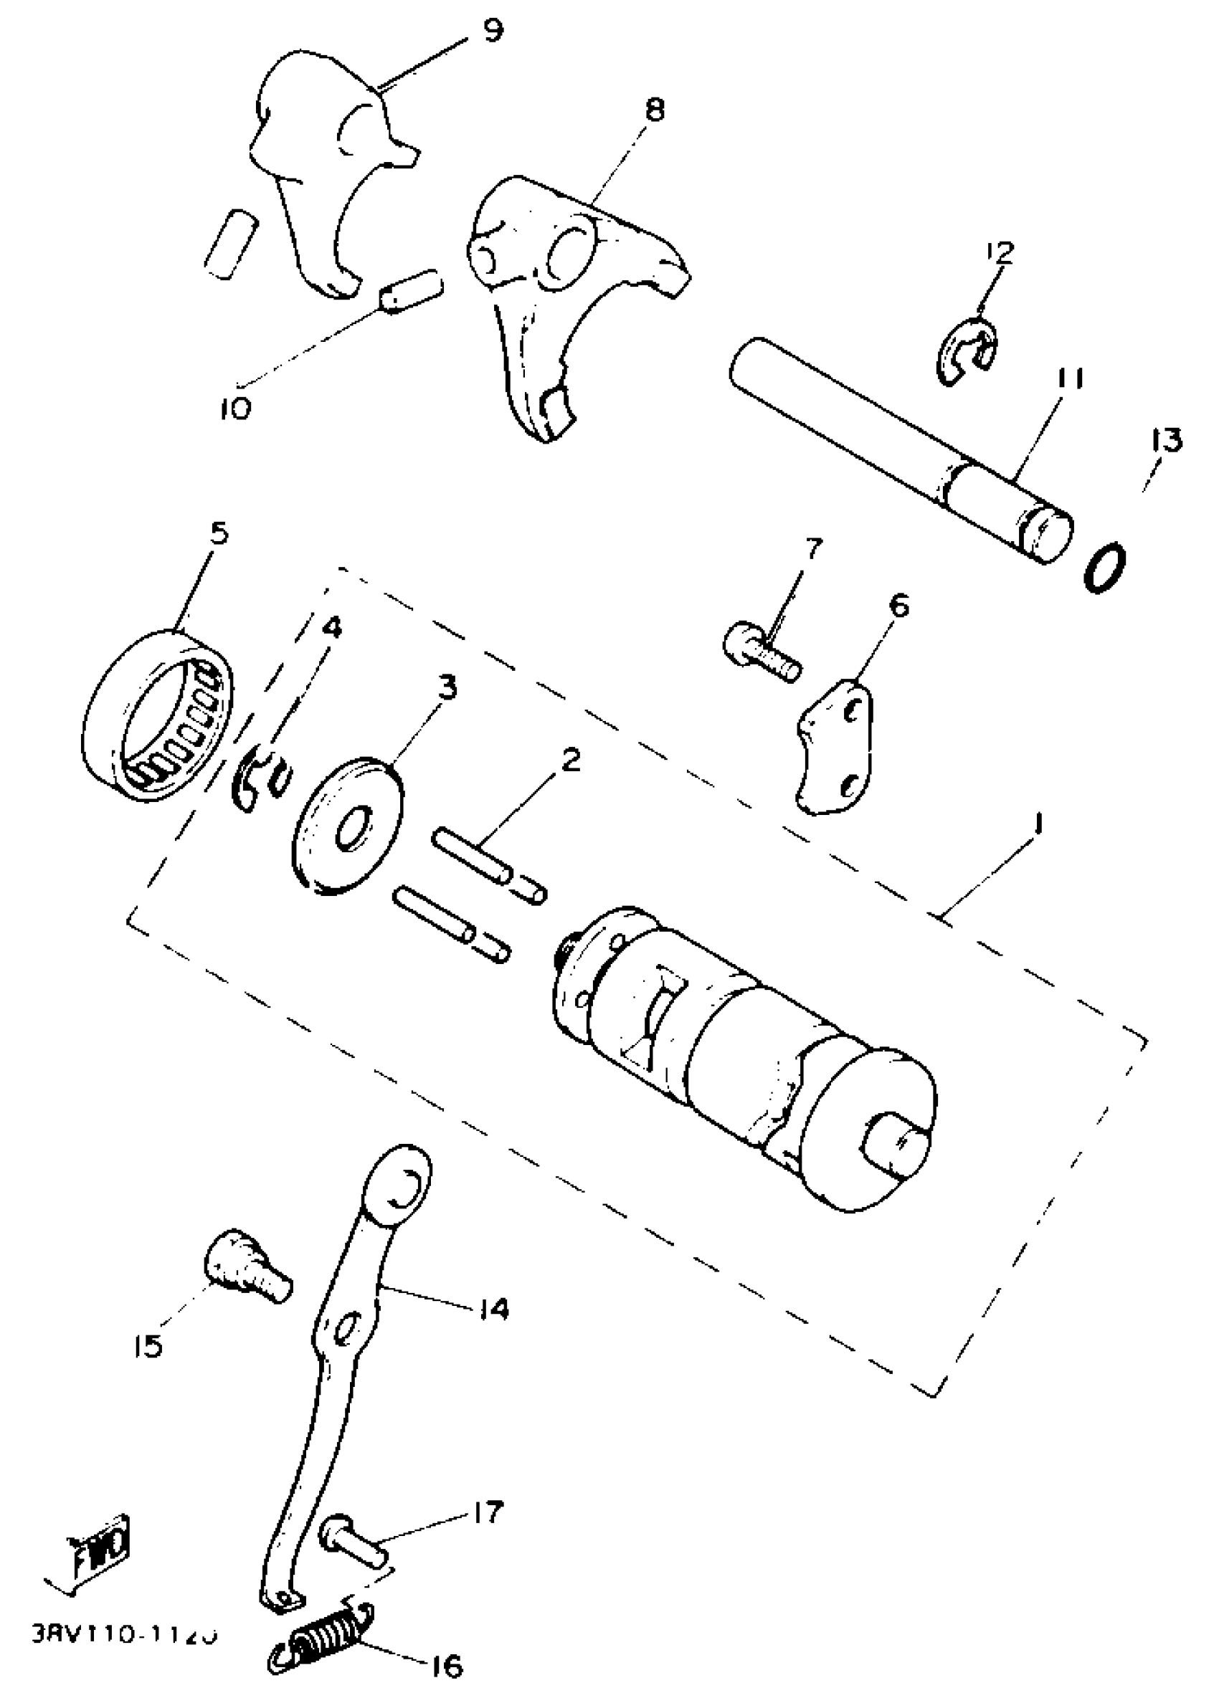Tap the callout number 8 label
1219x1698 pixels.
(x=653, y=110)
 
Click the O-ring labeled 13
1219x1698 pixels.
(x=1104, y=567)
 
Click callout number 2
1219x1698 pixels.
(x=571, y=760)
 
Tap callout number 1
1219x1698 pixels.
(x=1038, y=825)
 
